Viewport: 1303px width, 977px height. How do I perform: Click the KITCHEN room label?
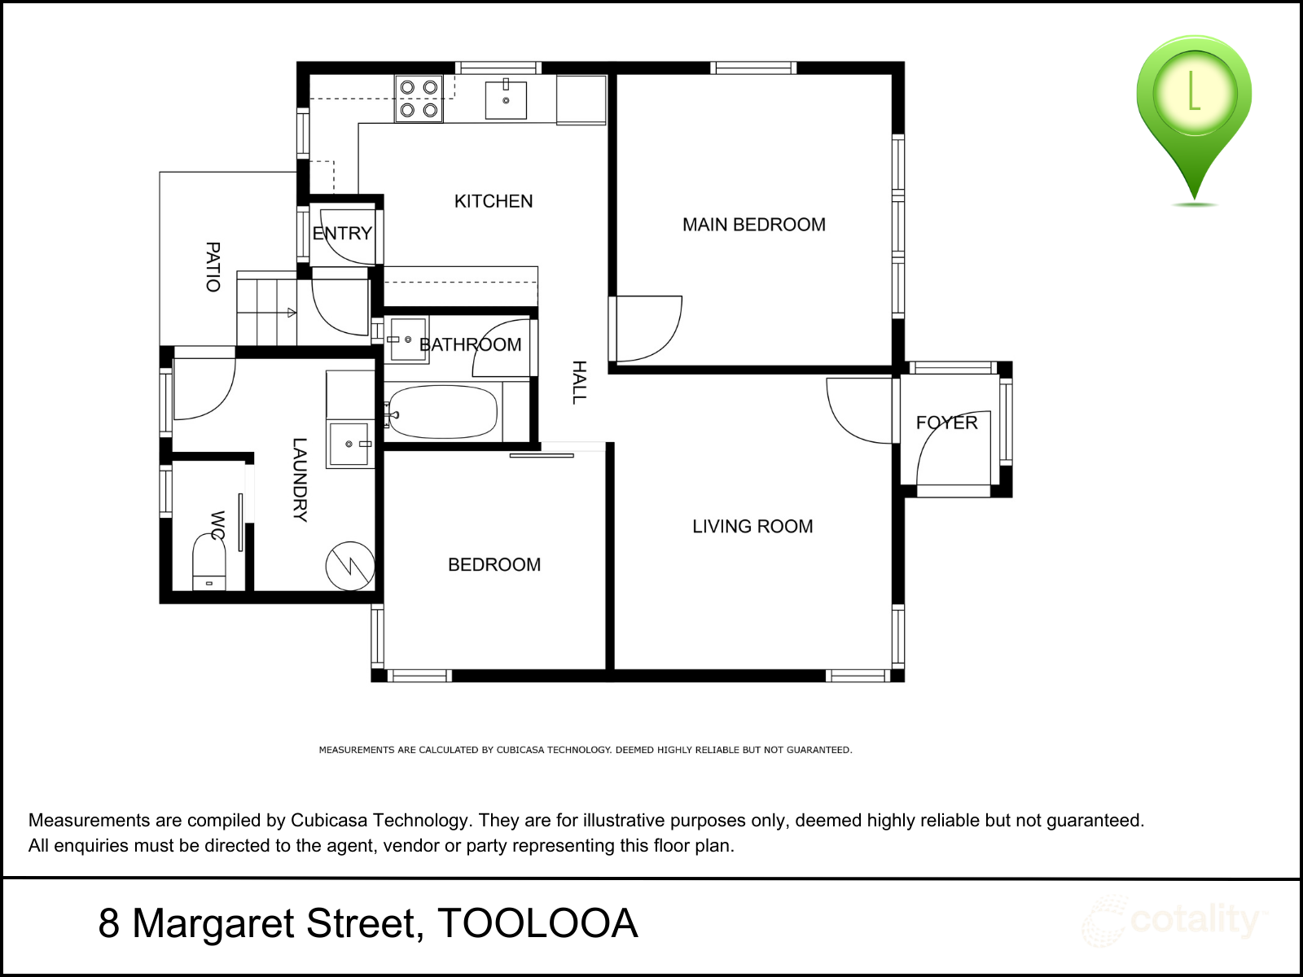[494, 202]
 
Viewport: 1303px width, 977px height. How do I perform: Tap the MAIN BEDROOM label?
[754, 225]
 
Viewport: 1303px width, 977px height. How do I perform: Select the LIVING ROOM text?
[752, 526]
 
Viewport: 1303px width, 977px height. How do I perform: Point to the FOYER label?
[947, 423]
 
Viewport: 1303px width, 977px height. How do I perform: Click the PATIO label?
[213, 267]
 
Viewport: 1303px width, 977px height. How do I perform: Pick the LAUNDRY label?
[300, 480]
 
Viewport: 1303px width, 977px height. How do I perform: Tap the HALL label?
[579, 383]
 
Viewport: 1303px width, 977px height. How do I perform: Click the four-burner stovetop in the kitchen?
[419, 99]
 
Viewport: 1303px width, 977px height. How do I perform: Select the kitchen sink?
[506, 99]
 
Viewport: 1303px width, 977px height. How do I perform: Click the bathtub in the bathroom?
[442, 412]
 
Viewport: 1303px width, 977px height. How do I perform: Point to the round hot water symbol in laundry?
[350, 566]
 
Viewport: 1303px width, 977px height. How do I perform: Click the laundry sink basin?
[349, 444]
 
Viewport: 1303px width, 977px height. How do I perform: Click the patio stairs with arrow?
[266, 312]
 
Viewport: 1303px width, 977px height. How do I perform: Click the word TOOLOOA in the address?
[537, 923]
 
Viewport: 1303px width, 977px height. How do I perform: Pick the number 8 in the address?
[108, 923]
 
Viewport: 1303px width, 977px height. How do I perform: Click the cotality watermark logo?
[1173, 922]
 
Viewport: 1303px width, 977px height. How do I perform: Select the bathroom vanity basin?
[408, 340]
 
